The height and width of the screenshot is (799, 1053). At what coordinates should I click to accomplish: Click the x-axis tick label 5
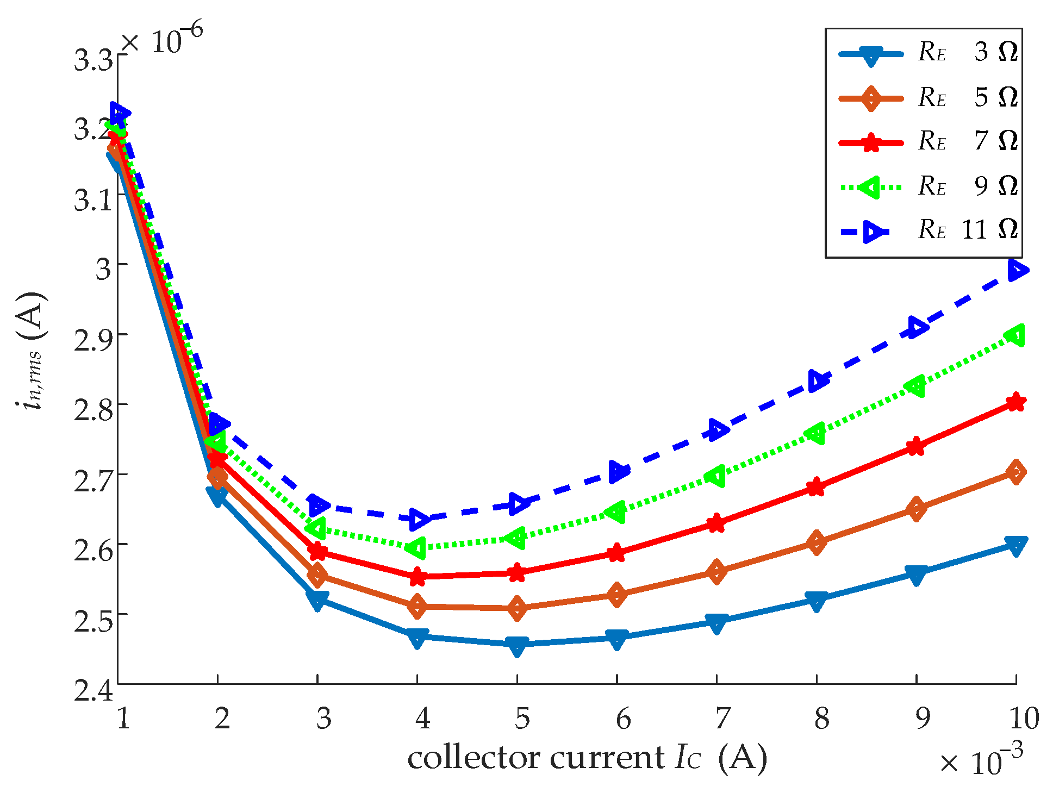tap(522, 719)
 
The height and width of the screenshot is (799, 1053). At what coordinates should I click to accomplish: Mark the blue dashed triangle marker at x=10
tap(1017, 270)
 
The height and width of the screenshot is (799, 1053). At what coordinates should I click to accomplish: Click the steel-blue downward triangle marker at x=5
tap(517, 645)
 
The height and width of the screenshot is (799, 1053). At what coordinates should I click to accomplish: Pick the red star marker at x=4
tap(417, 577)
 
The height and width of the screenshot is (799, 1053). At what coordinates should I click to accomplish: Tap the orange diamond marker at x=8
tap(816, 542)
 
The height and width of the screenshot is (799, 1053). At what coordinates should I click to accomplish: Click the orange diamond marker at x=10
tap(1016, 472)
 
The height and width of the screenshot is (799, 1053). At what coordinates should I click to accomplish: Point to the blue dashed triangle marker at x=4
tap(418, 519)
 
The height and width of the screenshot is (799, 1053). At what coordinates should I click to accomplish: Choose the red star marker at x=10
tap(1016, 402)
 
